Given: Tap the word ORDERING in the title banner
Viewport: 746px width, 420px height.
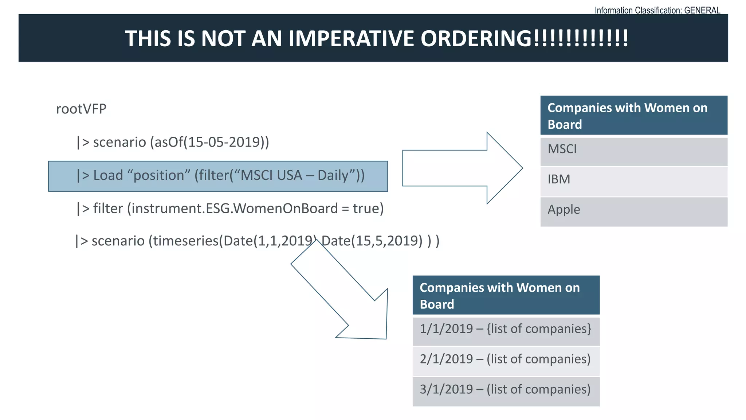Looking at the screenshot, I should [x=476, y=39].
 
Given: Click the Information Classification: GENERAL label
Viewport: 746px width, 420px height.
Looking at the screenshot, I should [x=657, y=10].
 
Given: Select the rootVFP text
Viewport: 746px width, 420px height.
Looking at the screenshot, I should [x=81, y=109].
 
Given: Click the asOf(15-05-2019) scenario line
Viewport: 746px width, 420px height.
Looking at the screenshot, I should [x=173, y=142].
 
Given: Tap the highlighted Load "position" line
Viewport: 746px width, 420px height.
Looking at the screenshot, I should [x=218, y=176].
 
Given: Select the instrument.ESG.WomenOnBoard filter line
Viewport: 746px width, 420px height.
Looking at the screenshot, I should [x=230, y=209].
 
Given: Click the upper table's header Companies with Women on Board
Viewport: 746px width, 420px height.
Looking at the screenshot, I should [x=633, y=116].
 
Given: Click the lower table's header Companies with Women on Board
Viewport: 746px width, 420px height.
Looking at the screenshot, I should [x=506, y=295].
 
